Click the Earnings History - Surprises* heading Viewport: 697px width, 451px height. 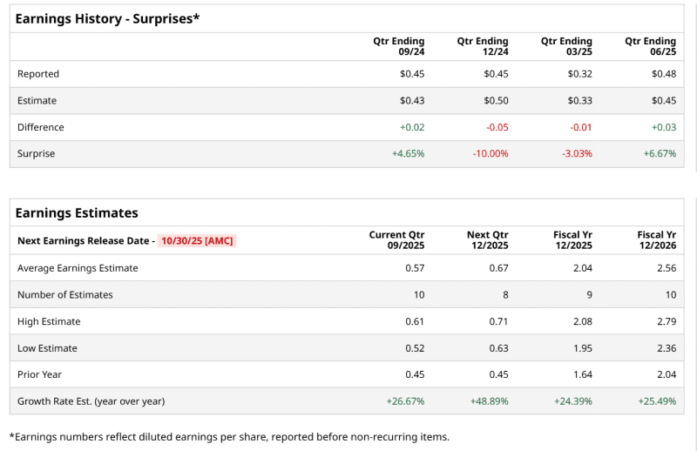[x=107, y=17]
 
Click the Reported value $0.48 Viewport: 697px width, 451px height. [x=663, y=74]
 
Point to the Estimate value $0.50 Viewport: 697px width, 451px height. [x=496, y=100]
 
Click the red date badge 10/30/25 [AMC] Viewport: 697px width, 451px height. [x=197, y=240]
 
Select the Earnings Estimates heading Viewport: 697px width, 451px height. [x=77, y=212]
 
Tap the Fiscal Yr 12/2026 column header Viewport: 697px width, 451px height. [x=656, y=239]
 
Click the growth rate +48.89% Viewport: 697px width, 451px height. [x=490, y=401]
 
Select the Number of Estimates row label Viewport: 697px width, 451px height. [x=65, y=294]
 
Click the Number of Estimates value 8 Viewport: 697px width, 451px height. [x=505, y=294]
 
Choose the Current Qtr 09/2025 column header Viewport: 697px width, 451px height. [x=397, y=239]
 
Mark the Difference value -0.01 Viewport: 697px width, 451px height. [x=580, y=127]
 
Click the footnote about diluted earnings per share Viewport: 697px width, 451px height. [x=229, y=436]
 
